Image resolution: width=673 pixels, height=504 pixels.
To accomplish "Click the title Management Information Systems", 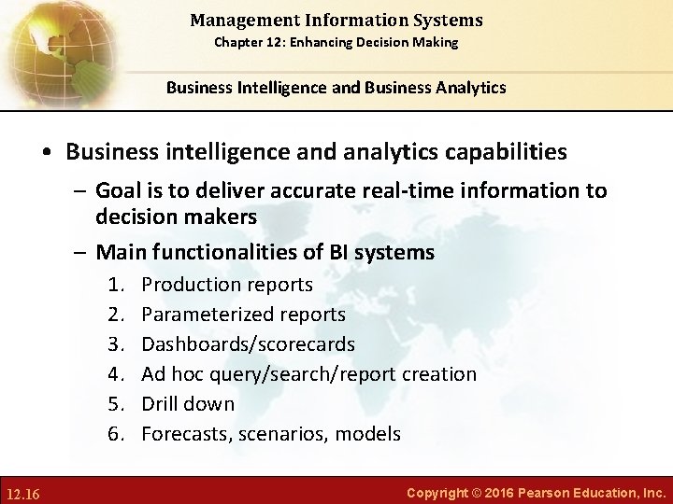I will (336, 19).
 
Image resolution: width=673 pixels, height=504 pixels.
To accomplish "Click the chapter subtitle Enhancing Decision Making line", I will (336, 42).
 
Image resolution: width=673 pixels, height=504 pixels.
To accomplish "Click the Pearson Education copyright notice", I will (537, 491).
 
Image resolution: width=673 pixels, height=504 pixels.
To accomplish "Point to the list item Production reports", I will (227, 284).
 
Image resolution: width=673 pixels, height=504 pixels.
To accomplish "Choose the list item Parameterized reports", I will (243, 314).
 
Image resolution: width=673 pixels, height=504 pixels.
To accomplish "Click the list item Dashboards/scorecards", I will (248, 343).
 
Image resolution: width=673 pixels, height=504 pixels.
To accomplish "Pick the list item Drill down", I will (188, 403).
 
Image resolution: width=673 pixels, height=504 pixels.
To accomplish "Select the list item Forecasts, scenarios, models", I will (271, 433).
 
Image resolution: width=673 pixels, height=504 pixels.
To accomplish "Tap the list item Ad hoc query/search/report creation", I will (308, 373).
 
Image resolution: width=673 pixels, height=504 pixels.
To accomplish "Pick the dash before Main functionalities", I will (80, 252).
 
